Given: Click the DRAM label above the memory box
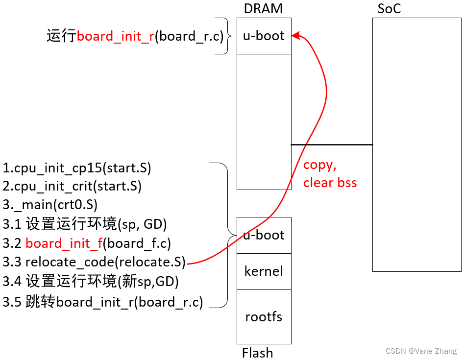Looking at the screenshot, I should (x=263, y=9).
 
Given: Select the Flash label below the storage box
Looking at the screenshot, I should (x=258, y=353).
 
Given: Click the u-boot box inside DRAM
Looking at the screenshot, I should (x=264, y=36).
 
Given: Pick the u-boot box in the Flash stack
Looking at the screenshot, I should (x=264, y=235).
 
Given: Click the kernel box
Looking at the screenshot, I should (x=264, y=271).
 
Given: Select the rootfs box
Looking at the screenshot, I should (x=264, y=316).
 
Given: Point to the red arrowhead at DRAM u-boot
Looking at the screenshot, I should (x=295, y=36).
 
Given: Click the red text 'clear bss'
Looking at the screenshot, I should (x=330, y=183).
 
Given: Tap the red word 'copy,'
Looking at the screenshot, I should (x=320, y=165).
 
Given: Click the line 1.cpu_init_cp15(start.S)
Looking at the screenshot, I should (x=77, y=168).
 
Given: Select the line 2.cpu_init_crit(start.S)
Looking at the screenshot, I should (x=72, y=186).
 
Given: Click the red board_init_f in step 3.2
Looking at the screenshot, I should (x=63, y=243).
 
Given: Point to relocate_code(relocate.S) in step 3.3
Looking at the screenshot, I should (x=105, y=263).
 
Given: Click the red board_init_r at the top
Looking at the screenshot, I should (x=116, y=36).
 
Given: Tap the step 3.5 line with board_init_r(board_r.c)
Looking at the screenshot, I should (x=103, y=302).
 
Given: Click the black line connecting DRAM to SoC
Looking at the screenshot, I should (x=332, y=144).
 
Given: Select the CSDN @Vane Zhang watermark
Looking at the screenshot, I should (x=421, y=351).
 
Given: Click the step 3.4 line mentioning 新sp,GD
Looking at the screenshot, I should (x=91, y=282).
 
